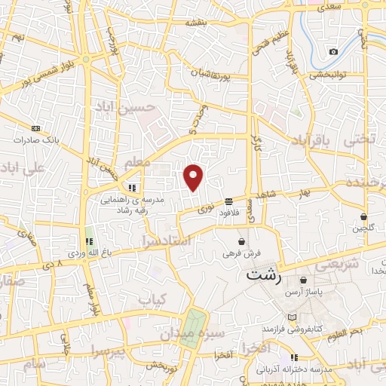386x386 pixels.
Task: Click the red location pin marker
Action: coord(194,176)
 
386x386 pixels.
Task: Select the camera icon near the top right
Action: coord(333,51)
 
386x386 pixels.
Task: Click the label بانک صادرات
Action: coord(35,140)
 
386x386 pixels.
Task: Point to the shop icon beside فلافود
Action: coord(228,201)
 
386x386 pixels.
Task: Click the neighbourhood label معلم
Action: coord(136,162)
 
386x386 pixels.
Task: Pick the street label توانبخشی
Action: coord(326,74)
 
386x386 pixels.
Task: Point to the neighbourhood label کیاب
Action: coord(151,299)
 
